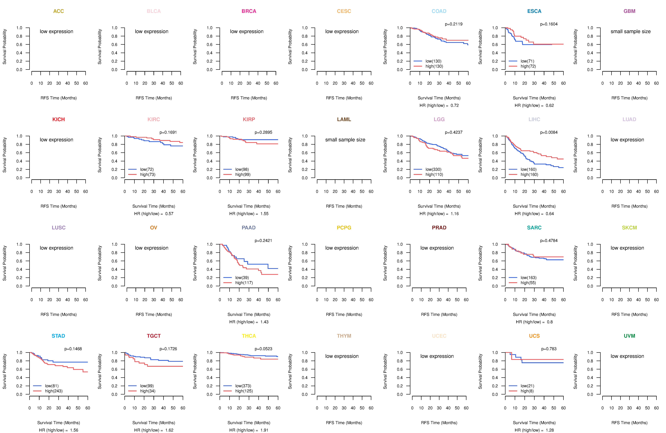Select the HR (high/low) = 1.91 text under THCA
[x=249, y=430]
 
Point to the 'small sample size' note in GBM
[x=630, y=31]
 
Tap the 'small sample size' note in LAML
[x=345, y=140]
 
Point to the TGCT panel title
[x=154, y=336]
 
